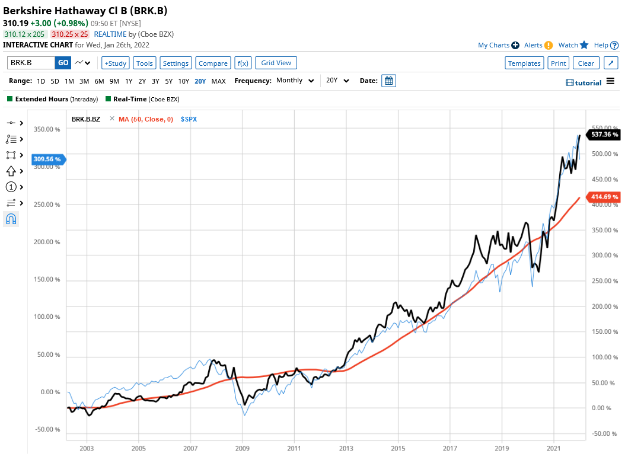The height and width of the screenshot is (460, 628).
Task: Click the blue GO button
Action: coord(63,63)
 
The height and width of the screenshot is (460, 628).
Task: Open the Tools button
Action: coord(145,63)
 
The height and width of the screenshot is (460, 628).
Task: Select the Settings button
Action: coord(176,63)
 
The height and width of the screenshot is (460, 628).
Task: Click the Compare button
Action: coord(213,63)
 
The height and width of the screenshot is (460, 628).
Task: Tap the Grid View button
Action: coord(276,63)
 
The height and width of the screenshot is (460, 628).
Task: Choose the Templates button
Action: coord(524,63)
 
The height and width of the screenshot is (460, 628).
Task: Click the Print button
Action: coord(558,63)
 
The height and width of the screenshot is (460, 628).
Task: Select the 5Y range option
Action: coord(169,81)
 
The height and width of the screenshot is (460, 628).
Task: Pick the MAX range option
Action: coord(218,81)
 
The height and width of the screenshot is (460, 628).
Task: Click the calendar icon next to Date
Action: coord(388,81)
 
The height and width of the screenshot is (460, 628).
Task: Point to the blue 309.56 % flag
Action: coord(47,159)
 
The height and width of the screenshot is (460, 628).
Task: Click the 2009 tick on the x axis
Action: coord(243,449)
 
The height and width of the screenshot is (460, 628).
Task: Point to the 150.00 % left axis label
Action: coord(47,279)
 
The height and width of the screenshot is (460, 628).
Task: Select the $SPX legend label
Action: coord(190,119)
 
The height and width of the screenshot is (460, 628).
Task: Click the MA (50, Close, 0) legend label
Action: coord(146,119)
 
